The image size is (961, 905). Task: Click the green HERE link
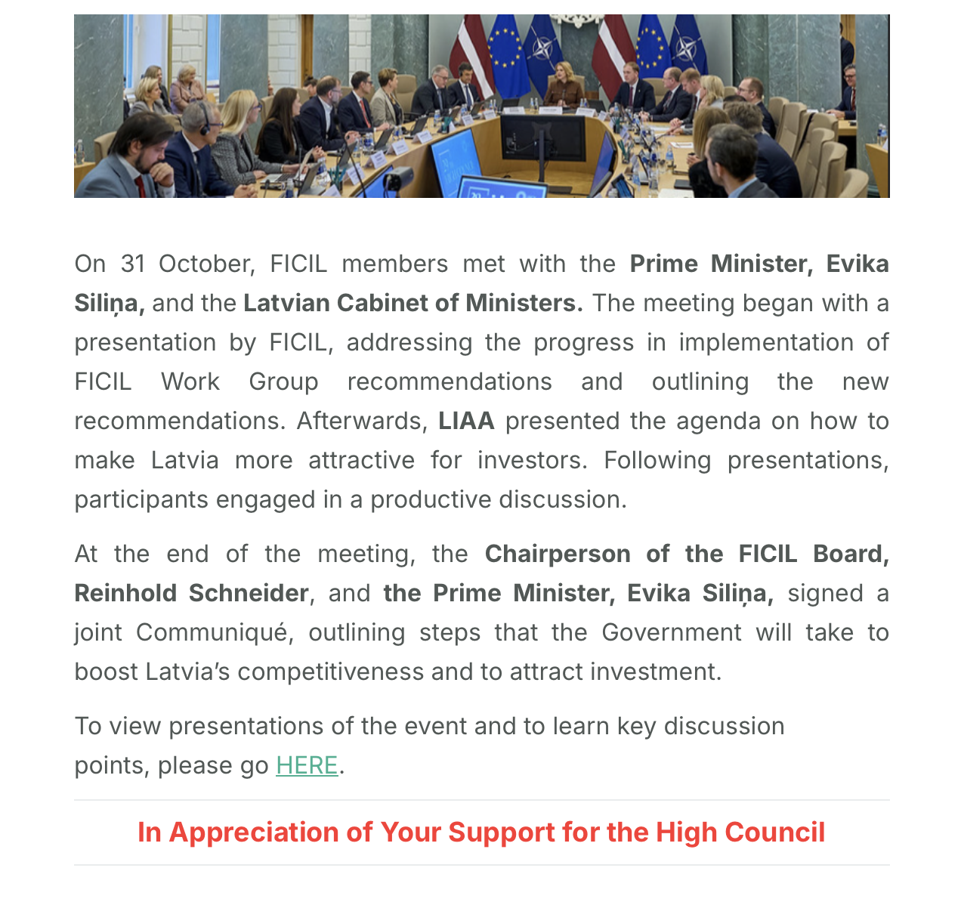point(307,765)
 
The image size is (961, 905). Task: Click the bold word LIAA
point(466,421)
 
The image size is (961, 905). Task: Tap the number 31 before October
point(132,264)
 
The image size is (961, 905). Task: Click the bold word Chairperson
point(558,554)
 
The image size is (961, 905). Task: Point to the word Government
point(671,632)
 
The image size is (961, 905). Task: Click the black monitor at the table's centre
point(541,138)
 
